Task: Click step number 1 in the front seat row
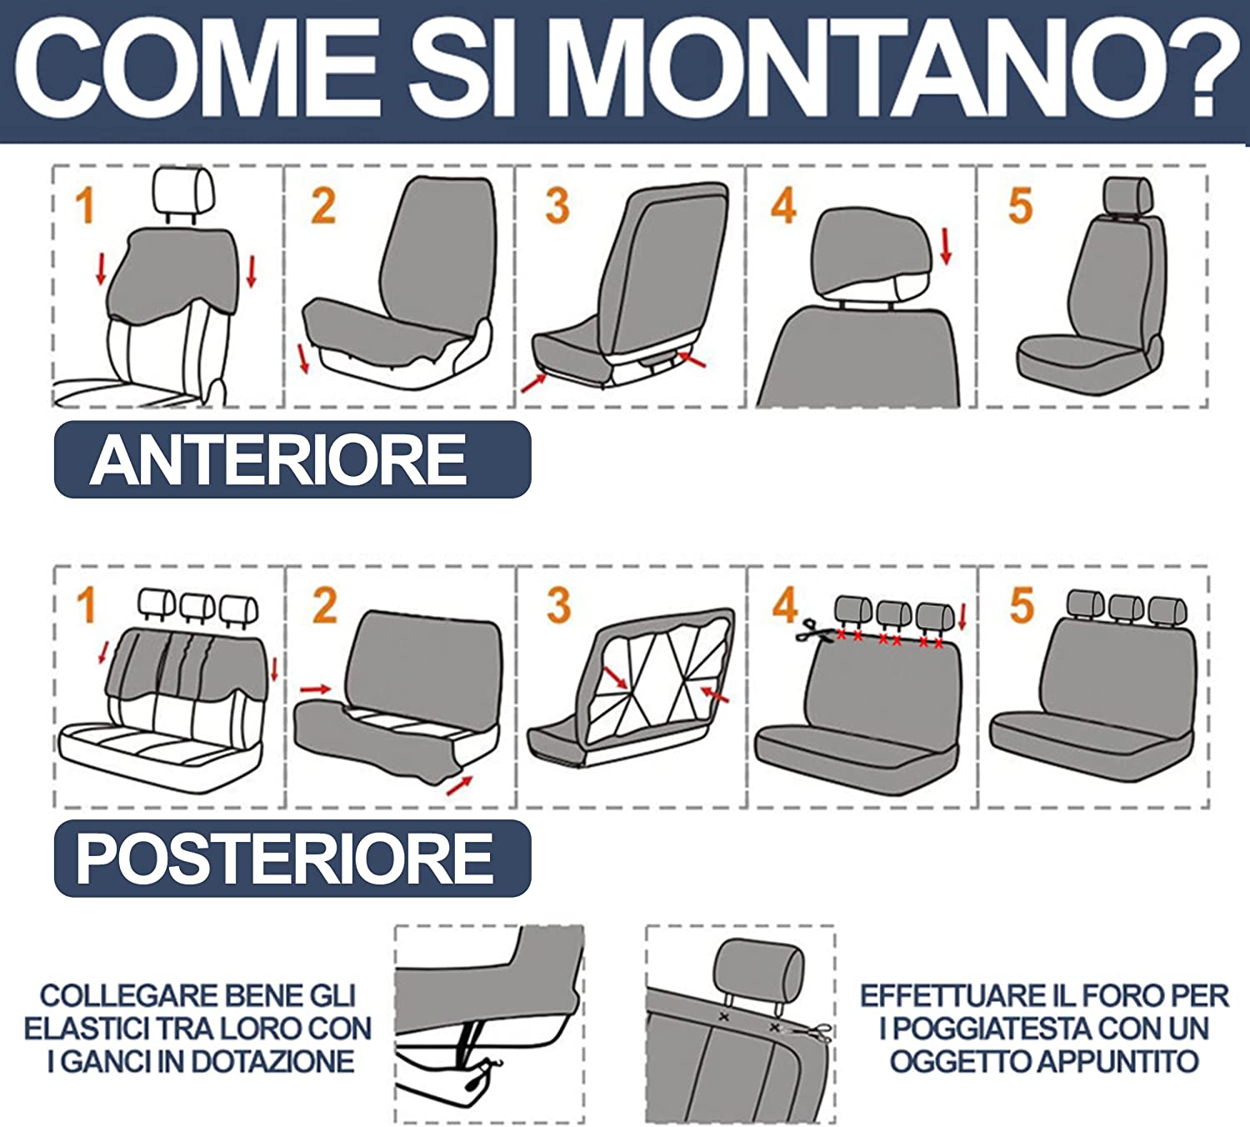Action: pos(84,206)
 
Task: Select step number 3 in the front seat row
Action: pos(557,206)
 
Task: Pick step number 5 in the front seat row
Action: pos(1020,206)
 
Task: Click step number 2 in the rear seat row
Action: pos(324,605)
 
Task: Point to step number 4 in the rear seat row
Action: pos(784,605)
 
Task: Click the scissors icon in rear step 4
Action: pos(809,631)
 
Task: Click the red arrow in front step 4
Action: pos(945,247)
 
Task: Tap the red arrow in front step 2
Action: pos(302,358)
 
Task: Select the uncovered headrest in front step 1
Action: pos(184,191)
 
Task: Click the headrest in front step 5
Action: pos(1127,197)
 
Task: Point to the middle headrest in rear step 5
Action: pos(1126,609)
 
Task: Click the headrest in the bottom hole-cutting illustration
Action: pos(758,968)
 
